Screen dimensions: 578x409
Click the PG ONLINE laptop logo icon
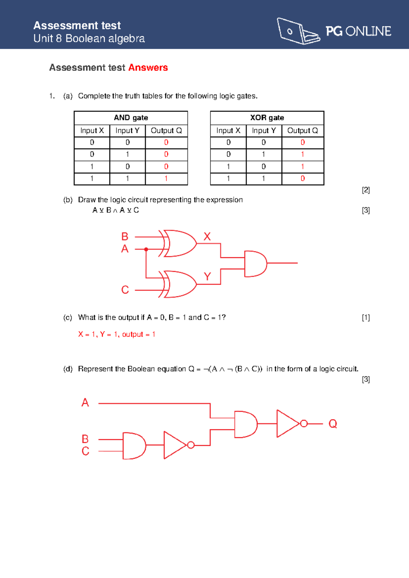tap(298, 31)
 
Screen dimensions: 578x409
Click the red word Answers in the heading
tap(148, 67)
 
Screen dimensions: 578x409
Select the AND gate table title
tap(131, 118)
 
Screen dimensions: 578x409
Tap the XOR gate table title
tap(267, 118)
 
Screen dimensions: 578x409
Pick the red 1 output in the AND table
tap(166, 179)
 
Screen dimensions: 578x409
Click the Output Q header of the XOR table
tap(302, 131)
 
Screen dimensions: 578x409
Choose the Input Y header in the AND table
tap(127, 131)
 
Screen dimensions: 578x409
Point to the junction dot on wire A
tap(146, 249)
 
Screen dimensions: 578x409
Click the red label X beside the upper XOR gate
tap(207, 237)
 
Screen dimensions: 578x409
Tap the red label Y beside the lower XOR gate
tap(207, 276)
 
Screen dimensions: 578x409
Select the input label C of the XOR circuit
tap(125, 290)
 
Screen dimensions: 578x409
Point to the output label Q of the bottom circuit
tap(333, 424)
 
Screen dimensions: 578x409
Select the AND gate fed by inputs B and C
tap(134, 445)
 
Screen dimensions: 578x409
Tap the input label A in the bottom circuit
tap(85, 402)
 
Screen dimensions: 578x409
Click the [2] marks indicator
tap(366, 190)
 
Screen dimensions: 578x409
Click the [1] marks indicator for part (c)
tap(366, 318)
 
